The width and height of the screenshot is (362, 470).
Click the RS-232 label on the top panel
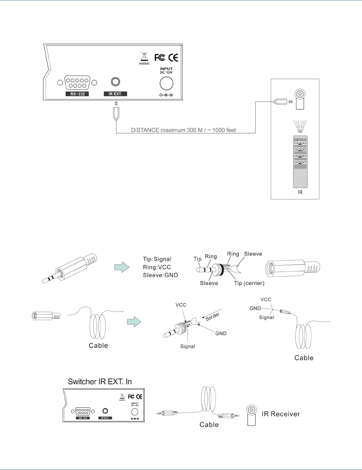(x=77, y=94)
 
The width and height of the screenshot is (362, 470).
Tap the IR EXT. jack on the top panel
(x=115, y=82)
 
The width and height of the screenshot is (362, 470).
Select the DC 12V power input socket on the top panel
(x=166, y=83)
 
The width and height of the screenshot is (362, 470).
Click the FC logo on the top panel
(x=160, y=58)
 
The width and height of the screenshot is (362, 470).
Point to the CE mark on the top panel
(x=173, y=58)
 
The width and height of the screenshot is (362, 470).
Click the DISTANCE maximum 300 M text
(x=183, y=130)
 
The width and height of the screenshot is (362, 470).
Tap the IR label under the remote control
(x=300, y=192)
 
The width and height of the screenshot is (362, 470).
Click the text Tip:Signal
(x=157, y=259)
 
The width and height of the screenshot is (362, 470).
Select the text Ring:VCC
(x=157, y=267)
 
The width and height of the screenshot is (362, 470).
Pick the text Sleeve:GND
(x=160, y=275)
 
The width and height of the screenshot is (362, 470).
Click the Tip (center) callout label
(x=249, y=283)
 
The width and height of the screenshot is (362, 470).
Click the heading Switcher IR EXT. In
(x=100, y=381)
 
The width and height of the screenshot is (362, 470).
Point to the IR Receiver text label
(x=281, y=414)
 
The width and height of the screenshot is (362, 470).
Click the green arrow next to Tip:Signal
(x=122, y=267)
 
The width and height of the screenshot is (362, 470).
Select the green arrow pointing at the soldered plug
(x=134, y=322)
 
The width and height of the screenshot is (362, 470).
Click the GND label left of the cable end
(x=255, y=308)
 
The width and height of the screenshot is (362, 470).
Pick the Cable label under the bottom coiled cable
(x=209, y=425)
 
